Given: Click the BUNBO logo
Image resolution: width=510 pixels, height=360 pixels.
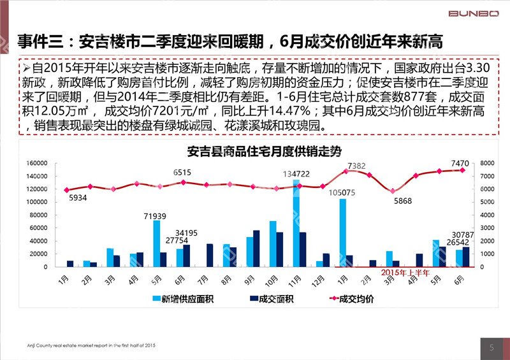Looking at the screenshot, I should click(x=474, y=13).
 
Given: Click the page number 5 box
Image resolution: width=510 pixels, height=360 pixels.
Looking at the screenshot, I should click(x=491, y=348).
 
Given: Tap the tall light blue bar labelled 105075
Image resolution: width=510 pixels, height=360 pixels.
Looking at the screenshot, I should click(x=343, y=233).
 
